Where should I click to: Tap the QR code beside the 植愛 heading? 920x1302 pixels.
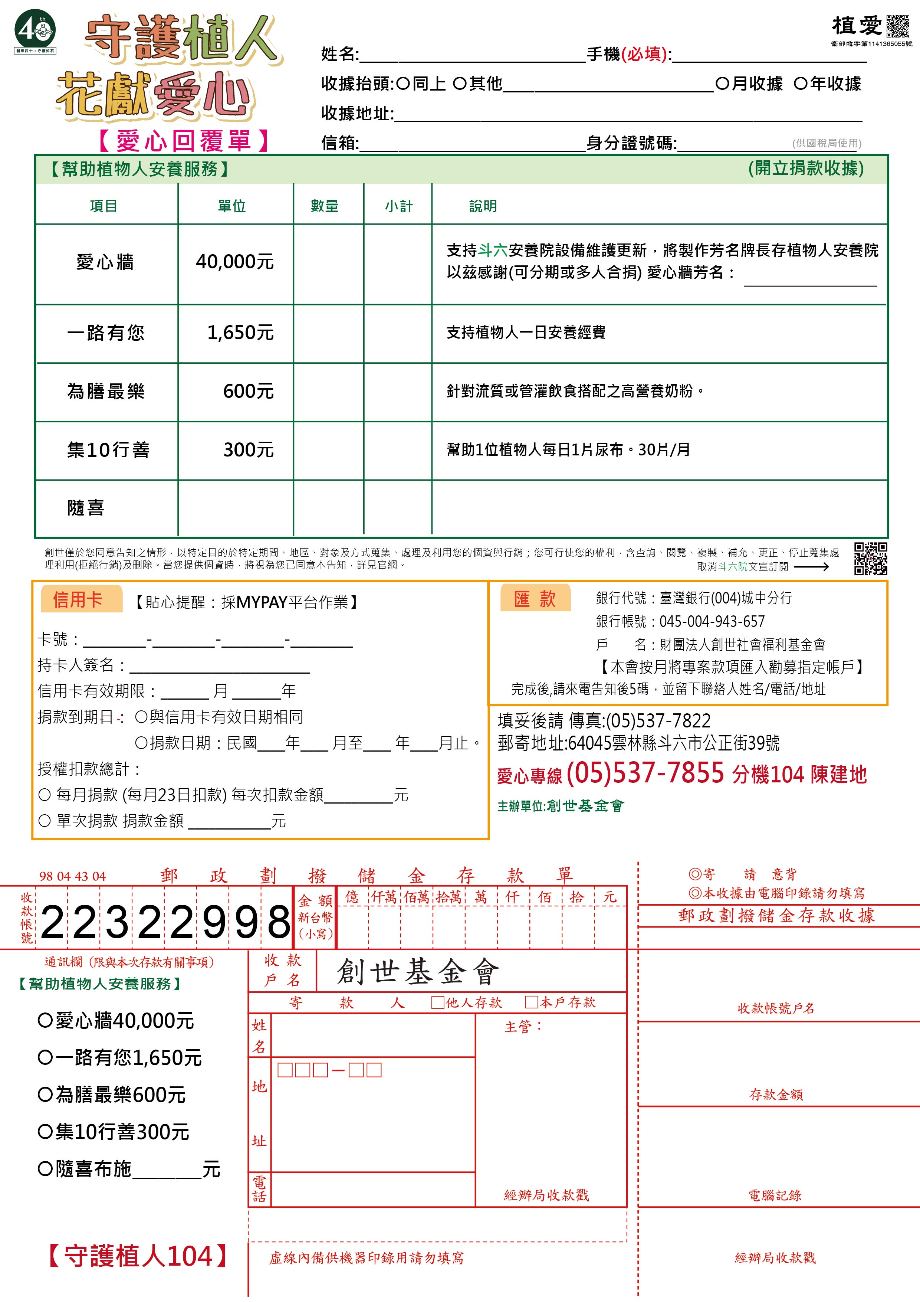click(x=897, y=26)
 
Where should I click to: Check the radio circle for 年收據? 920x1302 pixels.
click(x=800, y=84)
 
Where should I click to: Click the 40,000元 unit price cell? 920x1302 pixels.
click(x=235, y=262)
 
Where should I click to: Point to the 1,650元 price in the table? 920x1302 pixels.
click(x=240, y=333)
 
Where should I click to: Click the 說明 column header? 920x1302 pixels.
click(x=482, y=206)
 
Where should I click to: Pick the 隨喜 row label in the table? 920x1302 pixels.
click(x=86, y=507)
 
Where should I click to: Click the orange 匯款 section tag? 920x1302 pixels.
click(x=535, y=599)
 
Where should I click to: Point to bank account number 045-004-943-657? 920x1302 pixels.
click(x=712, y=622)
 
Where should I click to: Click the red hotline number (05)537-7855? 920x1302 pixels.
click(x=644, y=772)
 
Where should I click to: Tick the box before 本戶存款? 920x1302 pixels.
click(x=531, y=1002)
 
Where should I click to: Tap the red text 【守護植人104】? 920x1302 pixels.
click(x=138, y=1256)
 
